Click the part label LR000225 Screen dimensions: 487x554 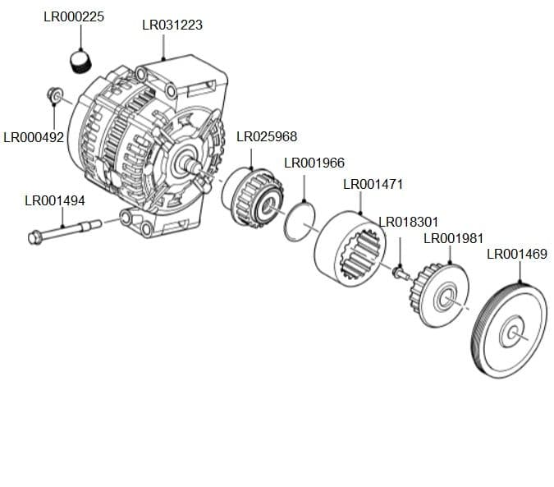pyautogui.click(x=73, y=16)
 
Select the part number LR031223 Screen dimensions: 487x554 pyautogui.click(x=172, y=25)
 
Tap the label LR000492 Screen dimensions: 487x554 pyautogui.click(x=34, y=137)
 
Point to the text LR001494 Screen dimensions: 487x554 pyautogui.click(x=55, y=200)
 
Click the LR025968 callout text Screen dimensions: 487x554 pyautogui.click(x=267, y=136)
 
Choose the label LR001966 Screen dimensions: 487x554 pyautogui.click(x=314, y=163)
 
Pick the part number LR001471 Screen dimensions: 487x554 pyautogui.click(x=373, y=184)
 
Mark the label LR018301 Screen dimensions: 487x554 pyautogui.click(x=408, y=222)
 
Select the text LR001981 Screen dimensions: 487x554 pyautogui.click(x=453, y=238)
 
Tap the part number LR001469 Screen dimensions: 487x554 pyautogui.click(x=517, y=254)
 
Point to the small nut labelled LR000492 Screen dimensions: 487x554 pyautogui.click(x=55, y=97)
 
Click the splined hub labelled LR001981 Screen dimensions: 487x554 pyautogui.click(x=444, y=296)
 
